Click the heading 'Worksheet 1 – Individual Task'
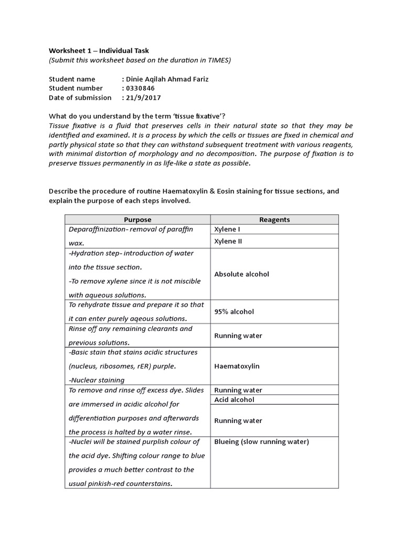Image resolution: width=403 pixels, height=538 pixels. pos(99,50)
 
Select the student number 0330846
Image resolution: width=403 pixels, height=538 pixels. pos(140,88)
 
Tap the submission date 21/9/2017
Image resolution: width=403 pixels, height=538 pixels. pos(142,98)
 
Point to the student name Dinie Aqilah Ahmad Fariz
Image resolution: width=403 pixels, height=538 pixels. pos(167,79)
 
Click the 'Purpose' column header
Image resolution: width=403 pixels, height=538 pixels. pos(137,220)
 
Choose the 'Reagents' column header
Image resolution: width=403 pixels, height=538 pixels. pos(274,220)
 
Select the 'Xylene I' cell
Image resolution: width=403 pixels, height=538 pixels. pos(229,230)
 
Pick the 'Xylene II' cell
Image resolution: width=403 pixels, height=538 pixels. pos(230,241)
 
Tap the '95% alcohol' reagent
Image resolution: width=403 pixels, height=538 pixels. pos(234,312)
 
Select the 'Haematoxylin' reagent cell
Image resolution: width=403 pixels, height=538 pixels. pos(237,366)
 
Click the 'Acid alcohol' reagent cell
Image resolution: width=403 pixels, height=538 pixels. pos(235,400)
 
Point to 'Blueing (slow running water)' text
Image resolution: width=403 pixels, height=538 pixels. pos(262,442)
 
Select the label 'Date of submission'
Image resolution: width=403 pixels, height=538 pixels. pos(80,98)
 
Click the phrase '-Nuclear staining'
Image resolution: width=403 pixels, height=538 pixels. pos(97,380)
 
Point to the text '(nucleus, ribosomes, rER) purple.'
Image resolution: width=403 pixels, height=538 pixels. pos(123,366)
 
